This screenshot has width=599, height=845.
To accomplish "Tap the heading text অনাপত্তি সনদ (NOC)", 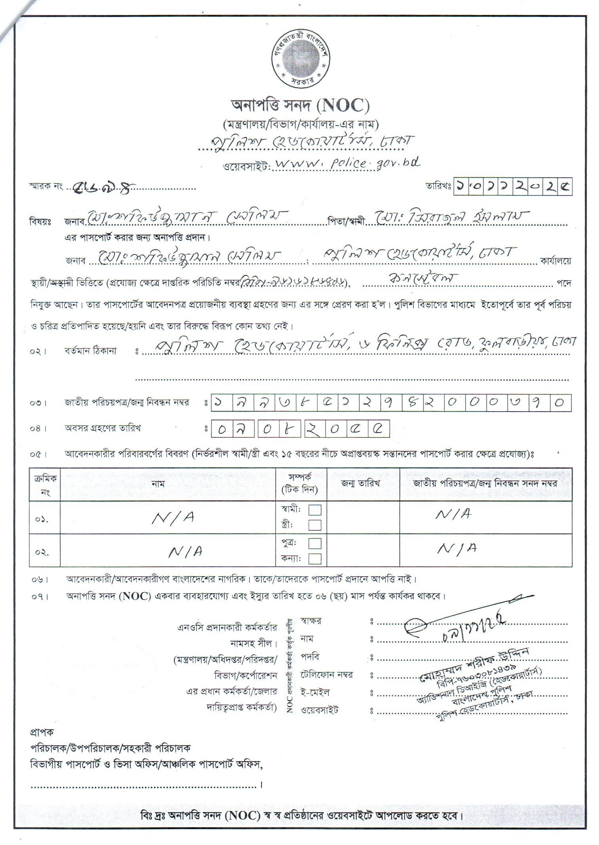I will click(x=300, y=106).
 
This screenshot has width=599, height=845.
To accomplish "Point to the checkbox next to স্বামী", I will click(x=315, y=510).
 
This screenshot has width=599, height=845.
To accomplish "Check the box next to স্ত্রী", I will click(x=315, y=525).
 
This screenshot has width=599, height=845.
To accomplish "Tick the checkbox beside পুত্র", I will click(x=315, y=543).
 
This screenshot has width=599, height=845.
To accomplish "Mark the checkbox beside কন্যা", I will click(x=315, y=558).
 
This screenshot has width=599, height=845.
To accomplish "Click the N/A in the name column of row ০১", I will click(x=173, y=518).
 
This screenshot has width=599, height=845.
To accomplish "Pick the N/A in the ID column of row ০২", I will click(x=457, y=549).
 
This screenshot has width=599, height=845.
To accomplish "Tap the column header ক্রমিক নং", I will click(x=45, y=485).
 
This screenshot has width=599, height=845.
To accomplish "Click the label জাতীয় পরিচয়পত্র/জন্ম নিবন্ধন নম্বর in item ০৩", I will click(x=127, y=403).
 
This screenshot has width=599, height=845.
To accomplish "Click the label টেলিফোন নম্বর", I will click(x=327, y=675).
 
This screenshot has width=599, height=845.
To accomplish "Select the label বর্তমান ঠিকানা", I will click(x=91, y=351).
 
